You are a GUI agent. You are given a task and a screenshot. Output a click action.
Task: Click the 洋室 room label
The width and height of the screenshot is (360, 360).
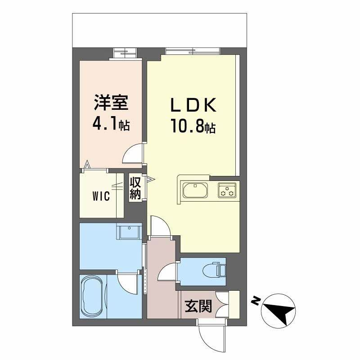111,103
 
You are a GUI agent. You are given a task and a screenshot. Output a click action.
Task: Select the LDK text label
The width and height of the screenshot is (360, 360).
193,105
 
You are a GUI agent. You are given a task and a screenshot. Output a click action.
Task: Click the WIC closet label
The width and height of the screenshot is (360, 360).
101,197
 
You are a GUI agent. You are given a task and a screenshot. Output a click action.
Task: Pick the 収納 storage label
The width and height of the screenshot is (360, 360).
135,189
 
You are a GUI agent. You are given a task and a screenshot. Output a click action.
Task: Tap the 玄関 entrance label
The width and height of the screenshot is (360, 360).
198,306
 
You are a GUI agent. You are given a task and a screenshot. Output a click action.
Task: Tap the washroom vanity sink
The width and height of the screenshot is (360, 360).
129,232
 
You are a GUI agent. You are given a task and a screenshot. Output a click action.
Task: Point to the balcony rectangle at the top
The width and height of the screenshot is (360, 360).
160,30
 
